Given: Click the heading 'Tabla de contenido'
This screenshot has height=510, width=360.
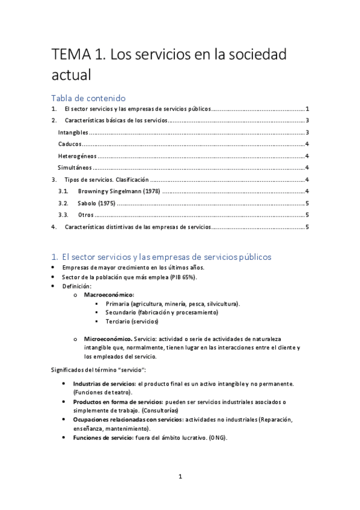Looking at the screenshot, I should [88, 97].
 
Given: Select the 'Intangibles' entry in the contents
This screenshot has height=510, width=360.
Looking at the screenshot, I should [73, 132].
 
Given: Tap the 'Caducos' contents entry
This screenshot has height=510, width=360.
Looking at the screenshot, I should [69, 144].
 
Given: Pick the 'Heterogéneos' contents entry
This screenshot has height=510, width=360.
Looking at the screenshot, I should [76, 156].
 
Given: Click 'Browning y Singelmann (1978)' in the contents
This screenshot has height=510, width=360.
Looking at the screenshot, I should [118, 191].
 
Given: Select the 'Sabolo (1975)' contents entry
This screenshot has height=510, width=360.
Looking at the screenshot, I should [97, 203].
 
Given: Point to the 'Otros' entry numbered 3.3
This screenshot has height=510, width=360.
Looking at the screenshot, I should [85, 215].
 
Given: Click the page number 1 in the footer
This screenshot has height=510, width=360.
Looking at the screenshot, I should [180, 477].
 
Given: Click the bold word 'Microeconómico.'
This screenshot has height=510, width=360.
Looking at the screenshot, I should [109, 339].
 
